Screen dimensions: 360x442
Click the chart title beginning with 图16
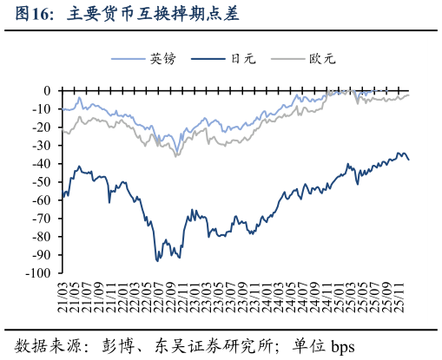(121, 15)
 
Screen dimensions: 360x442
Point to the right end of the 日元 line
(409, 159)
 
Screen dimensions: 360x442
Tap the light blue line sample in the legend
(129, 59)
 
